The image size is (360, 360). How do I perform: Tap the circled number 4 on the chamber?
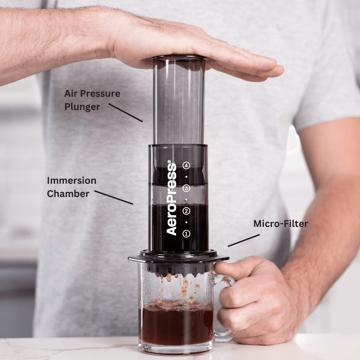[x=186, y=166]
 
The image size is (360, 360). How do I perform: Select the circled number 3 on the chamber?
[x=186, y=188]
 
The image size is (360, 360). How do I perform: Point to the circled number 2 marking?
[x=186, y=211]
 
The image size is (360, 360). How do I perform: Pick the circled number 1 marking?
[x=186, y=234]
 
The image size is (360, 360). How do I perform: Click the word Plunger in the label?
[x=82, y=107]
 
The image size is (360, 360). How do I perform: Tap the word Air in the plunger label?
[x=71, y=94]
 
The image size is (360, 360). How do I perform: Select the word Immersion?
[x=72, y=180]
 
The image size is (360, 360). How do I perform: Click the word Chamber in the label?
[x=68, y=194]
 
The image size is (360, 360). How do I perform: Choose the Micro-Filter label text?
[x=280, y=224]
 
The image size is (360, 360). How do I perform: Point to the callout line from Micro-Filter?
[x=244, y=240]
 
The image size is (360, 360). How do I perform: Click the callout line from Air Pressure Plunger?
[x=126, y=113]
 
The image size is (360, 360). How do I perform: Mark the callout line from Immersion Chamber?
[x=114, y=198]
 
